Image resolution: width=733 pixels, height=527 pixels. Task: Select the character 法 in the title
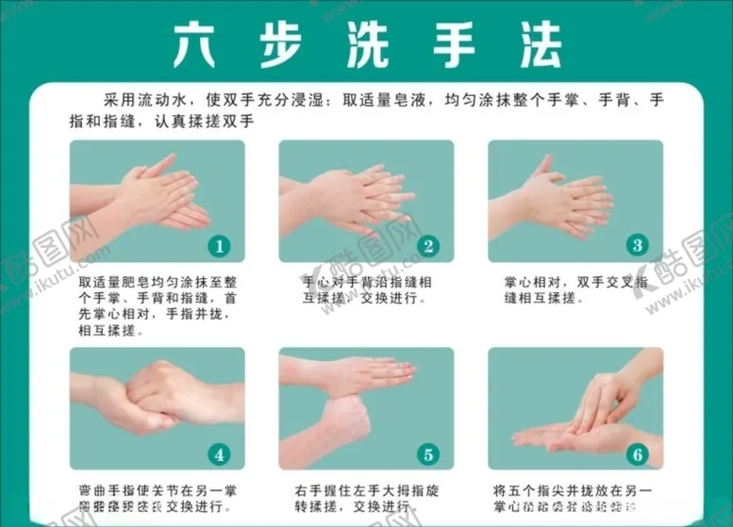(532, 43)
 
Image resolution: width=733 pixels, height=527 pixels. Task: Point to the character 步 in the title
(281, 43)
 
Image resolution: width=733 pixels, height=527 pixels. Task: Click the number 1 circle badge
(219, 246)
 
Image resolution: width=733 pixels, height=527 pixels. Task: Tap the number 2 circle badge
(428, 246)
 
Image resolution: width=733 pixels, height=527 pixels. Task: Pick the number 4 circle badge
(219, 454)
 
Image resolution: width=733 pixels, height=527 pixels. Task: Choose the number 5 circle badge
(428, 454)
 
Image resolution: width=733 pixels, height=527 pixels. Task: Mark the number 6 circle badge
(638, 454)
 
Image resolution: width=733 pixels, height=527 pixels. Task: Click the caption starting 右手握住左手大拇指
(366, 499)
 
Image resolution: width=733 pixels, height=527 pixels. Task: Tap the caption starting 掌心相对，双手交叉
(575, 290)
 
